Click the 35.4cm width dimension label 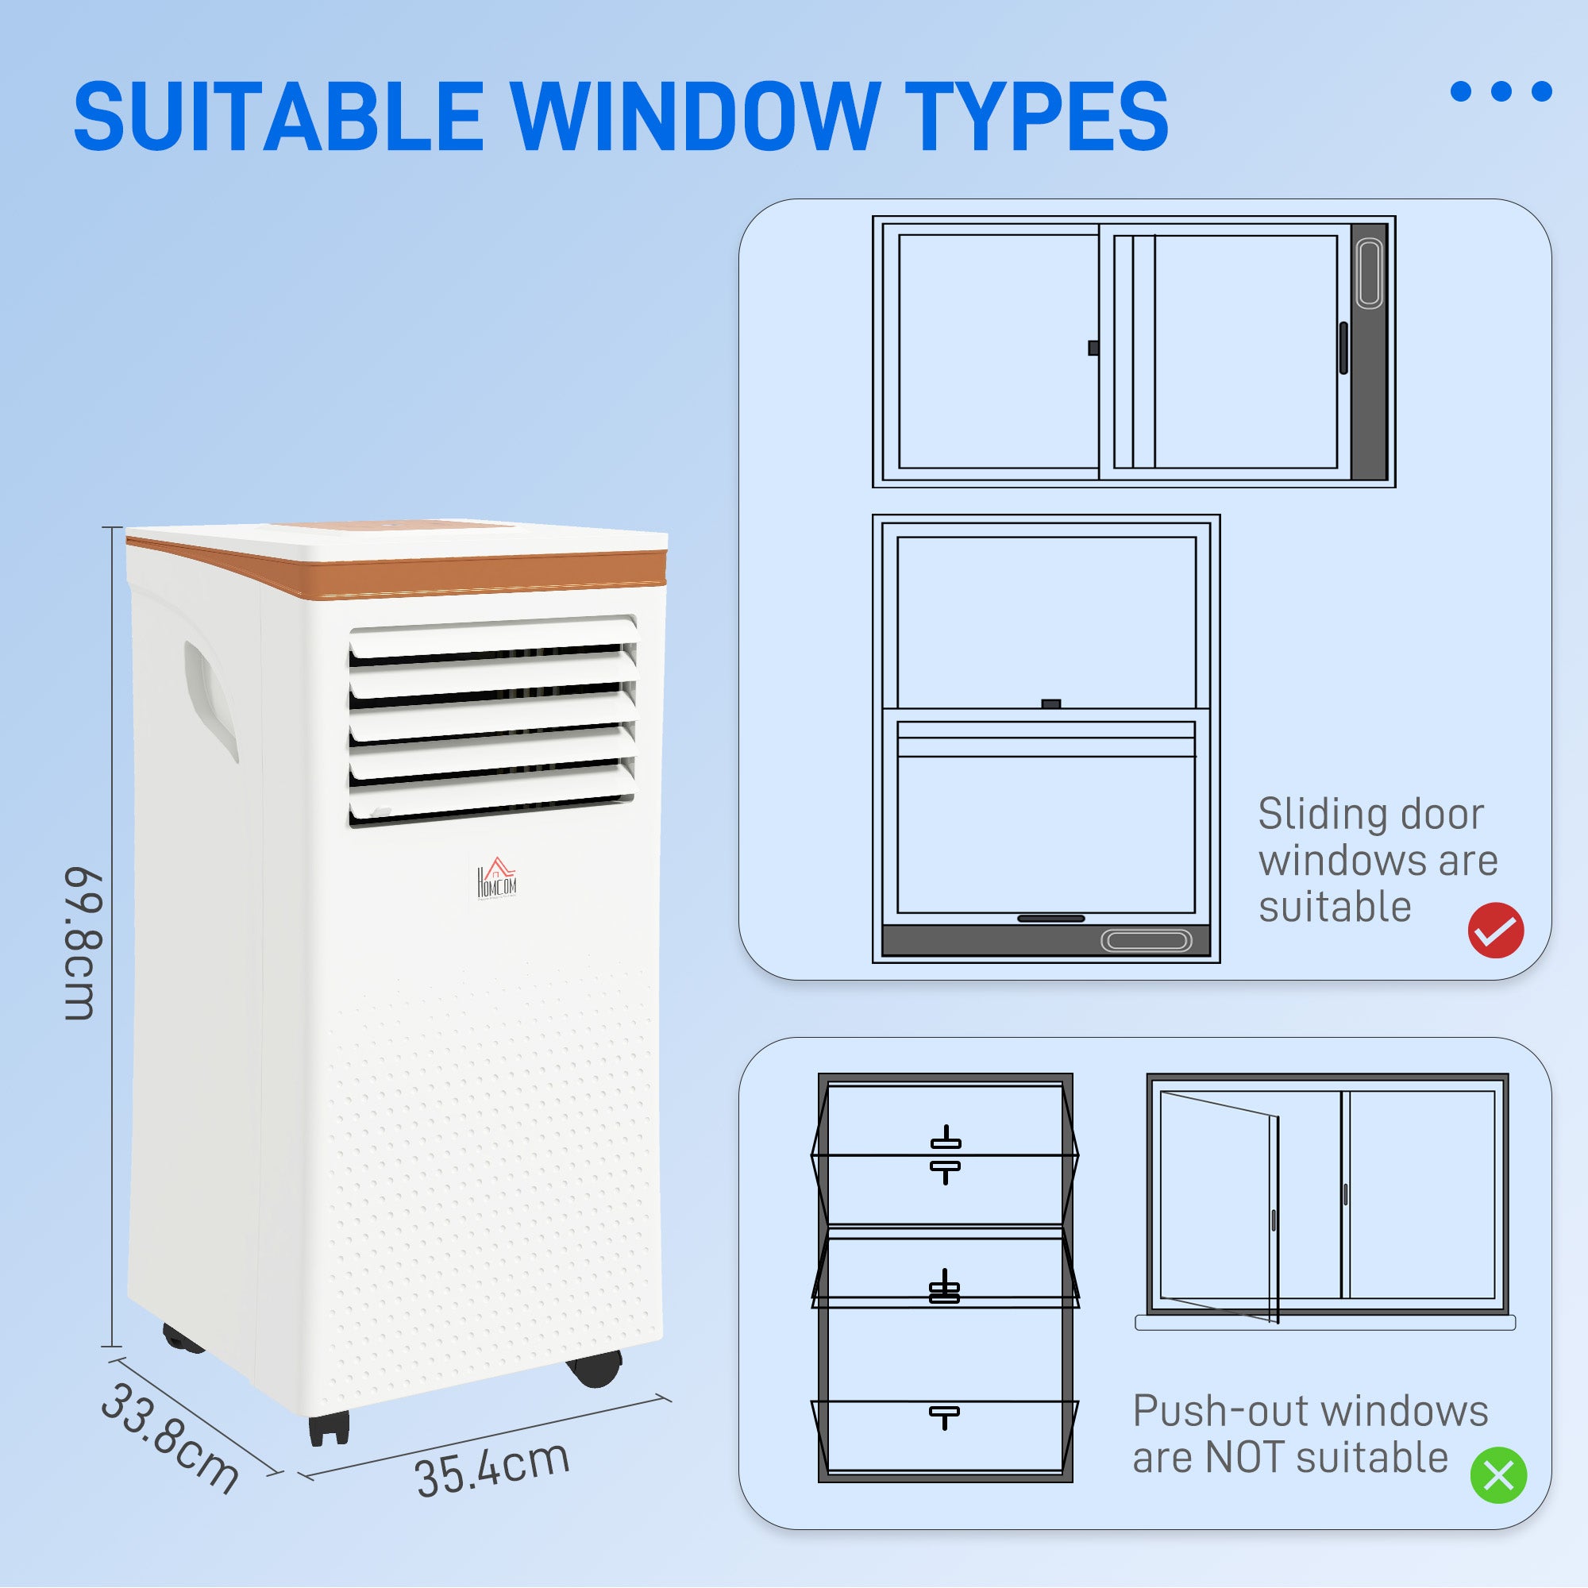pos(491,1469)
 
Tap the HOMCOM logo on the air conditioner pos(496,881)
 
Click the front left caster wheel pos(329,1428)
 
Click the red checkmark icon pos(1495,930)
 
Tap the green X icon pos(1497,1474)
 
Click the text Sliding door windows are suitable pos(1377,861)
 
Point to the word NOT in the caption pos(1243,1457)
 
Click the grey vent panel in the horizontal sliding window pos(1370,352)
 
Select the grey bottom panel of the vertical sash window pos(1045,939)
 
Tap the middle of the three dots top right pos(1501,91)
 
